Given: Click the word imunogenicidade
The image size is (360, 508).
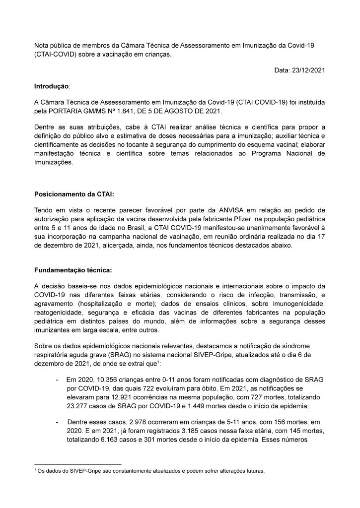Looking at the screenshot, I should point(296,303).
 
